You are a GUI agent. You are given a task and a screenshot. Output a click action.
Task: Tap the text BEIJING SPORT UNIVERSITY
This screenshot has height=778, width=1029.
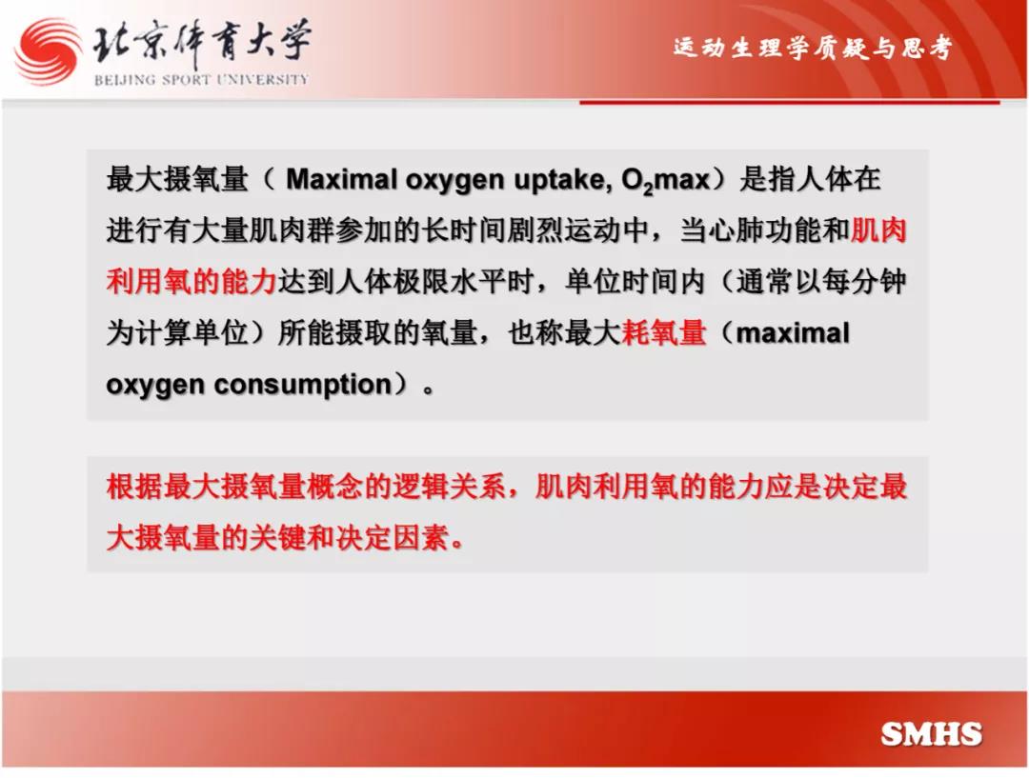tap(201, 80)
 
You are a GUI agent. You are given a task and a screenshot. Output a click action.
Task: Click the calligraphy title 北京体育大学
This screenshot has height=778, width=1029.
tap(201, 42)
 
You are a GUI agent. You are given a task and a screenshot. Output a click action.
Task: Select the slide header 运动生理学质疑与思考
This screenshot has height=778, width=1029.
tap(813, 48)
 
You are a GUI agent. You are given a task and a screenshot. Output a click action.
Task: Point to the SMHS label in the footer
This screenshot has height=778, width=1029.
tap(931, 734)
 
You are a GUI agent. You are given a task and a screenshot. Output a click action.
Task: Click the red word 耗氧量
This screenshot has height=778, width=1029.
tap(663, 332)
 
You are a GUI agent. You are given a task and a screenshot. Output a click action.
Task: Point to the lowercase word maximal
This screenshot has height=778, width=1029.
tap(793, 333)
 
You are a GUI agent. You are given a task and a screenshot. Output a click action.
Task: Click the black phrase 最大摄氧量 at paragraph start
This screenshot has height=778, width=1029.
tap(177, 179)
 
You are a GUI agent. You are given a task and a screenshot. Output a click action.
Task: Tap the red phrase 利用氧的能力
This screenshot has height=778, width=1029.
tap(192, 282)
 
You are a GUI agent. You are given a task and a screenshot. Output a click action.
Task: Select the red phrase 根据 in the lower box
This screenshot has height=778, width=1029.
tap(134, 487)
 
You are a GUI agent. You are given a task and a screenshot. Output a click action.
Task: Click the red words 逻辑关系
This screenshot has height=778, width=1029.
tap(450, 487)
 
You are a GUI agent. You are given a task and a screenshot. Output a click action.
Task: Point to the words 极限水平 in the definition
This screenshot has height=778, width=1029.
tap(450, 282)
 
